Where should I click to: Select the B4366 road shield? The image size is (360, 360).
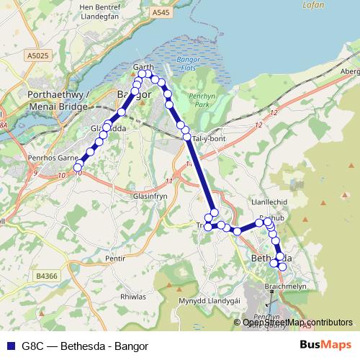pos(45,275)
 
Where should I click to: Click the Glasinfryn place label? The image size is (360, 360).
pos(131,196)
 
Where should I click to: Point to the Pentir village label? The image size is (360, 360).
pos(114,257)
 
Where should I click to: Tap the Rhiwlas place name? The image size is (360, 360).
pos(133,296)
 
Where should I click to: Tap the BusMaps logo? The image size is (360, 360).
pos(326,344)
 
